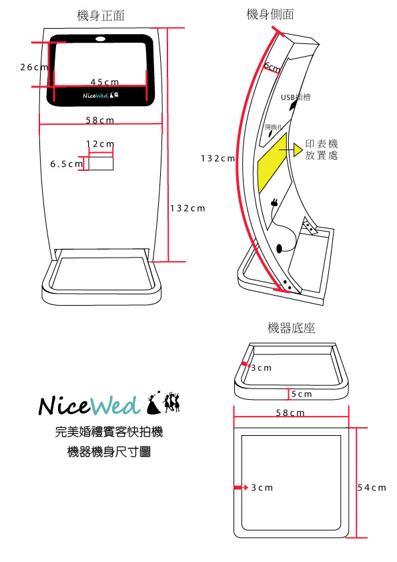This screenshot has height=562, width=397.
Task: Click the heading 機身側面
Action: pyautogui.click(x=270, y=14)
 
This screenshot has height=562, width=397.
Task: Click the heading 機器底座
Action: pyautogui.click(x=291, y=328)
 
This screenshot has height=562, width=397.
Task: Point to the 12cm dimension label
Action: pyautogui.click(x=100, y=144)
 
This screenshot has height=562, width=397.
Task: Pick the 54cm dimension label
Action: pyautogui.click(x=371, y=487)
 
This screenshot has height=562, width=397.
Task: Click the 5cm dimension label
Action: pyautogui.click(x=302, y=394)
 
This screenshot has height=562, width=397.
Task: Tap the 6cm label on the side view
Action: pyautogui.click(x=272, y=66)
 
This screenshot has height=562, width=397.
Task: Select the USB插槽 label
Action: pyautogui.click(x=295, y=97)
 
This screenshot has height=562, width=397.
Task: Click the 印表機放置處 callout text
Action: pyautogui.click(x=322, y=149)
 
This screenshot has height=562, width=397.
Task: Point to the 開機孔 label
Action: pyautogui.click(x=274, y=126)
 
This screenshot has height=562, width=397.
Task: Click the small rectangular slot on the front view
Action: pyautogui.click(x=101, y=162)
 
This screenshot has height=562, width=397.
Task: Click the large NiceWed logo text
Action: pyautogui.click(x=88, y=405)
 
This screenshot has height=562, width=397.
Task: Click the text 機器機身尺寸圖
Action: pyautogui.click(x=109, y=452)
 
